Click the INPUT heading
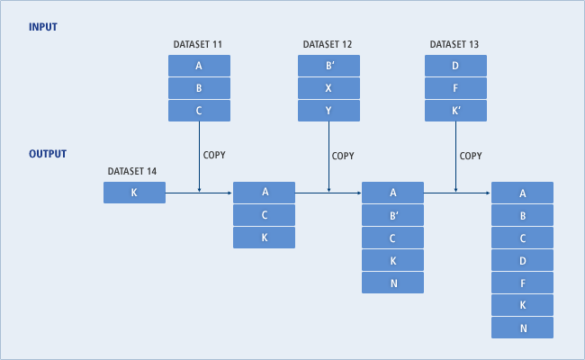(42, 27)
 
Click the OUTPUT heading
(48, 154)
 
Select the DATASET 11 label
(199, 44)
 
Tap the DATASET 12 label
(328, 44)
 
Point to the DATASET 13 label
(455, 44)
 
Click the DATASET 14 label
(134, 171)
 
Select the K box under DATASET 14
(134, 192)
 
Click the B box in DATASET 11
(199, 88)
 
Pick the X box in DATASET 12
(328, 88)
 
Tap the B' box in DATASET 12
(328, 66)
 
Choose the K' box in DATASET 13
(455, 111)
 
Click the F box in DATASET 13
(455, 88)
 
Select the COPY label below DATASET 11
(215, 156)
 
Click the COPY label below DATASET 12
(343, 156)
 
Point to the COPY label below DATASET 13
(471, 156)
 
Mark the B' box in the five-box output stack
(392, 215)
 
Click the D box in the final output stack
(522, 260)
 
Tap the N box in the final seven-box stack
(522, 328)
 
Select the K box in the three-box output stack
(264, 238)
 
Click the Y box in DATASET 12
(328, 111)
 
